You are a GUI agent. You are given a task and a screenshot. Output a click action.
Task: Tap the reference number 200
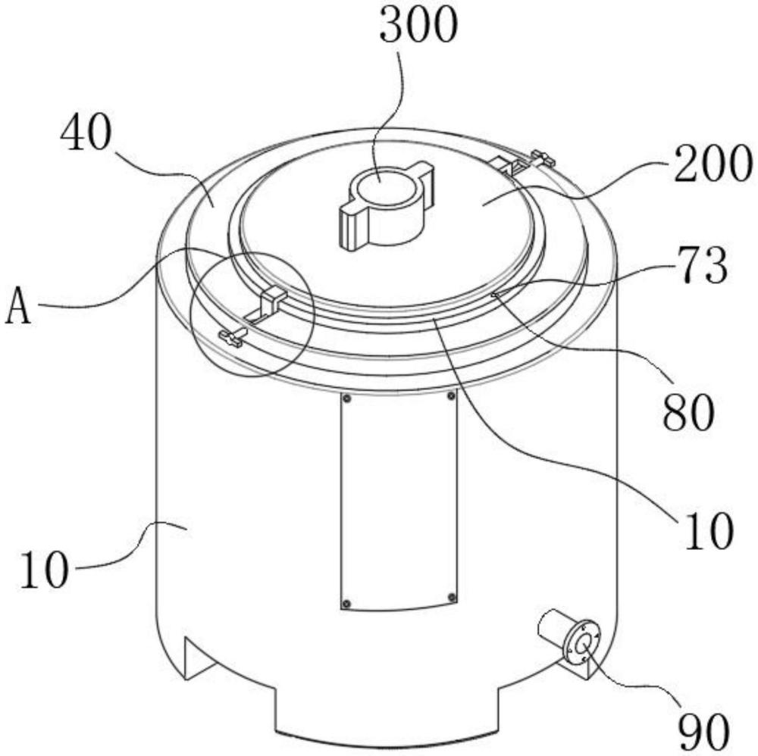(713, 164)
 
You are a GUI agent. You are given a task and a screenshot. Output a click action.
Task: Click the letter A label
(18, 305)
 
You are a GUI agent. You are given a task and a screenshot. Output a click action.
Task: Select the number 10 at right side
(709, 530)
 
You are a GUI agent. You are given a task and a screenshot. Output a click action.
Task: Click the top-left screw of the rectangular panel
(346, 398)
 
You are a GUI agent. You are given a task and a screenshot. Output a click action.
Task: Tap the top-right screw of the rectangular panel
(451, 396)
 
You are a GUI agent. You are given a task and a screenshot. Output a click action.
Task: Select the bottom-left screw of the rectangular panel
(346, 604)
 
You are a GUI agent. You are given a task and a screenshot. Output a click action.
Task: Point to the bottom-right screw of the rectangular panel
(452, 598)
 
